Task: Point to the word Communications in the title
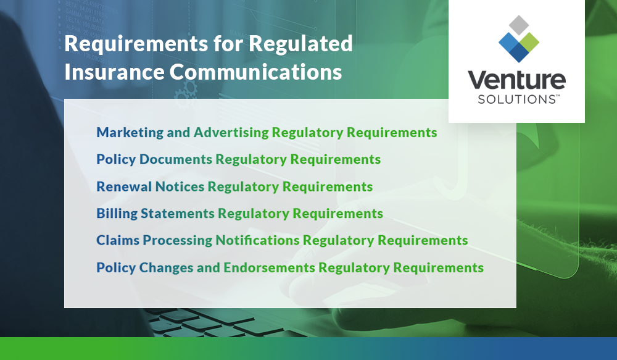[255, 72]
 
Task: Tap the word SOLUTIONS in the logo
[512, 99]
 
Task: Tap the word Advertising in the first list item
[231, 133]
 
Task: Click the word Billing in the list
[117, 214]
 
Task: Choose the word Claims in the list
[117, 241]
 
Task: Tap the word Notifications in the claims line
[257, 240]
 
